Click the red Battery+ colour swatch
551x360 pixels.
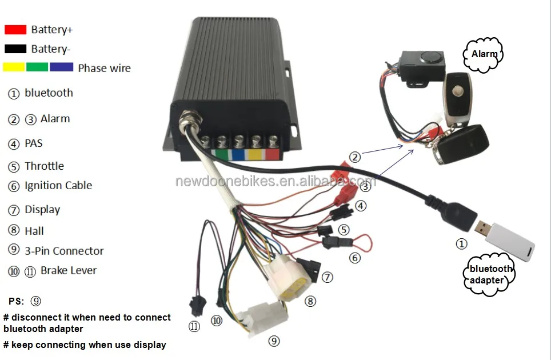pyautogui.click(x=15, y=29)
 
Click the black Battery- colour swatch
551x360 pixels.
pyautogui.click(x=15, y=49)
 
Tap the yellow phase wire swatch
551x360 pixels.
pyautogui.click(x=14, y=67)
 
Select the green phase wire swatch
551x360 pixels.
pyautogui.click(x=37, y=67)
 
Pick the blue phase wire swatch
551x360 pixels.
pyautogui.click(x=61, y=67)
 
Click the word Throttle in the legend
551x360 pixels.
pyautogui.click(x=44, y=166)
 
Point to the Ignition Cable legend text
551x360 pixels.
pyautogui.click(x=58, y=186)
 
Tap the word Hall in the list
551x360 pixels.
pyautogui.click(x=34, y=231)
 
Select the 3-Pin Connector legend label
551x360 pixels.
pyautogui.click(x=64, y=251)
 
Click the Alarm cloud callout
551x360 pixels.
pyautogui.click(x=483, y=54)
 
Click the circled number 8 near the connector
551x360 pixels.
pyautogui.click(x=310, y=301)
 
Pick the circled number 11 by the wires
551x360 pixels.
pyautogui.click(x=194, y=326)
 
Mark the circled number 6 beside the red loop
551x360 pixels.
pyautogui.click(x=355, y=258)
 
